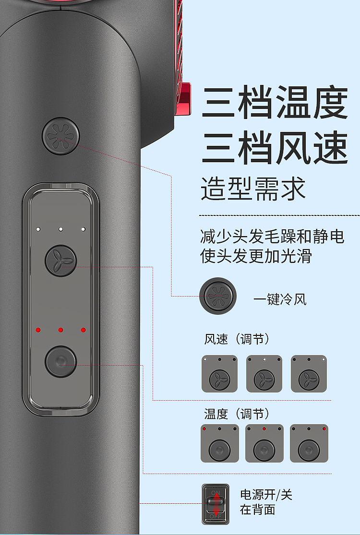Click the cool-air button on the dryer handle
tap(60, 136)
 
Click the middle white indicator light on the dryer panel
tap(61, 229)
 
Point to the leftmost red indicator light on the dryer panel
tap(38, 330)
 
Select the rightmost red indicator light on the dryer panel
tap(83, 330)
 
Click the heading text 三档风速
tap(275, 148)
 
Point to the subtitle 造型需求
tap(253, 189)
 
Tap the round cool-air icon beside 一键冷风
tap(218, 296)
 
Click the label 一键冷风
tap(280, 300)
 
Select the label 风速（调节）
tap(237, 339)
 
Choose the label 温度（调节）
tap(237, 414)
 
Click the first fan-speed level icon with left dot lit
tap(219, 374)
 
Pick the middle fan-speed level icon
tap(264, 374)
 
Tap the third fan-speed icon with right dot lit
tap(309, 374)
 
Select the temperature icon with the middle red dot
tap(264, 443)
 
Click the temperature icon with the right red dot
tap(309, 443)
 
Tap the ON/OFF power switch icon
tap(216, 504)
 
